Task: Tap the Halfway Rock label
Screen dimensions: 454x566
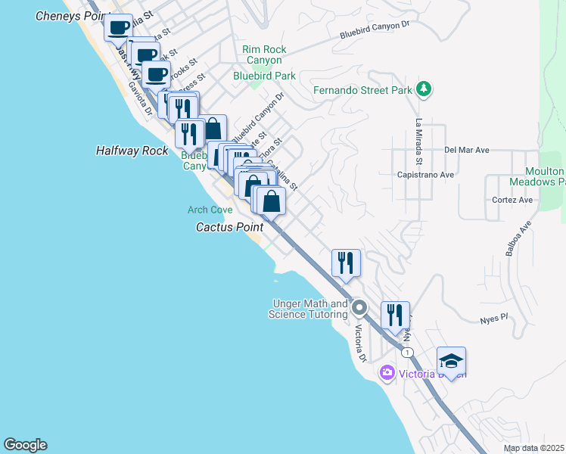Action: [x=132, y=151]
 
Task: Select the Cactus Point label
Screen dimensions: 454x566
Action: [x=229, y=226]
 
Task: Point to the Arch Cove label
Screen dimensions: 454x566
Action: [x=210, y=209]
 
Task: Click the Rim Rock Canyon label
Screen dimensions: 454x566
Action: [x=264, y=55]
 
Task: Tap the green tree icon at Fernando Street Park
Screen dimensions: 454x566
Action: [x=424, y=90]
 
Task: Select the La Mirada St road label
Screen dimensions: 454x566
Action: [x=418, y=142]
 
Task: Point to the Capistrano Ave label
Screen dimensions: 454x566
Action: [x=425, y=174]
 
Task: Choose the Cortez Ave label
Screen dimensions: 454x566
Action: [x=512, y=200]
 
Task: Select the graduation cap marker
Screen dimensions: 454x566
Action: [x=451, y=362]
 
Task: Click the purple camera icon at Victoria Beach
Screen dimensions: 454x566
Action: [x=387, y=372]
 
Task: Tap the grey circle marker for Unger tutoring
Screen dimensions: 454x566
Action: [x=359, y=308]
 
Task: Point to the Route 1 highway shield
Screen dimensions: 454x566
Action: [x=407, y=353]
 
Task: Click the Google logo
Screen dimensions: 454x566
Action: [x=25, y=445]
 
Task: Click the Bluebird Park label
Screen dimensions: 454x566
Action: [x=264, y=76]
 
